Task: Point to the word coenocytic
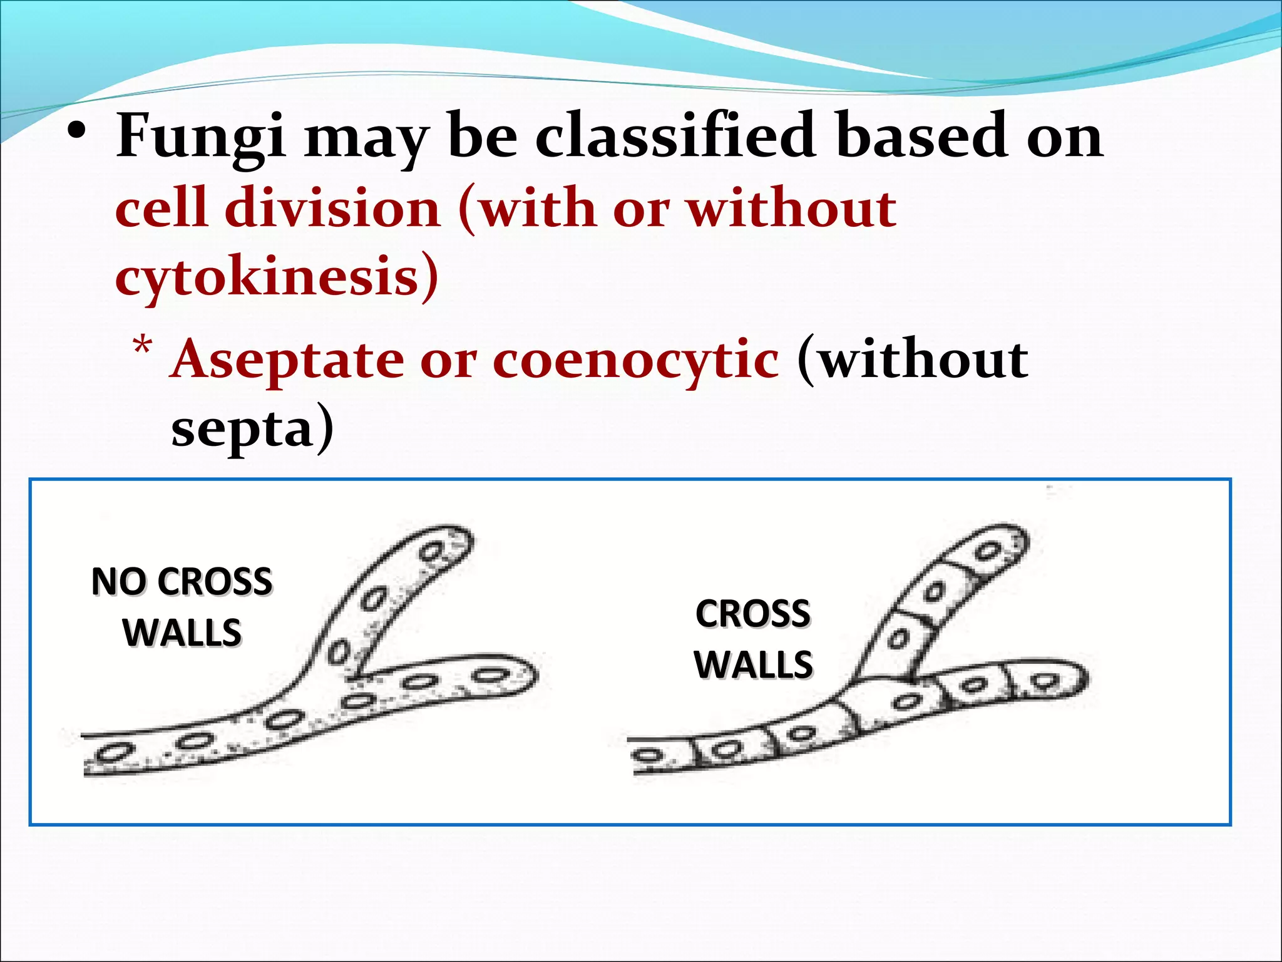tap(635, 361)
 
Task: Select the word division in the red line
tap(332, 208)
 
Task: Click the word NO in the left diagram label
tap(120, 581)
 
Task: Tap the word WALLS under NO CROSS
tap(182, 633)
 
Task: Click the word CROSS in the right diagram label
tap(753, 613)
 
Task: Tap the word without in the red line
tap(792, 208)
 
